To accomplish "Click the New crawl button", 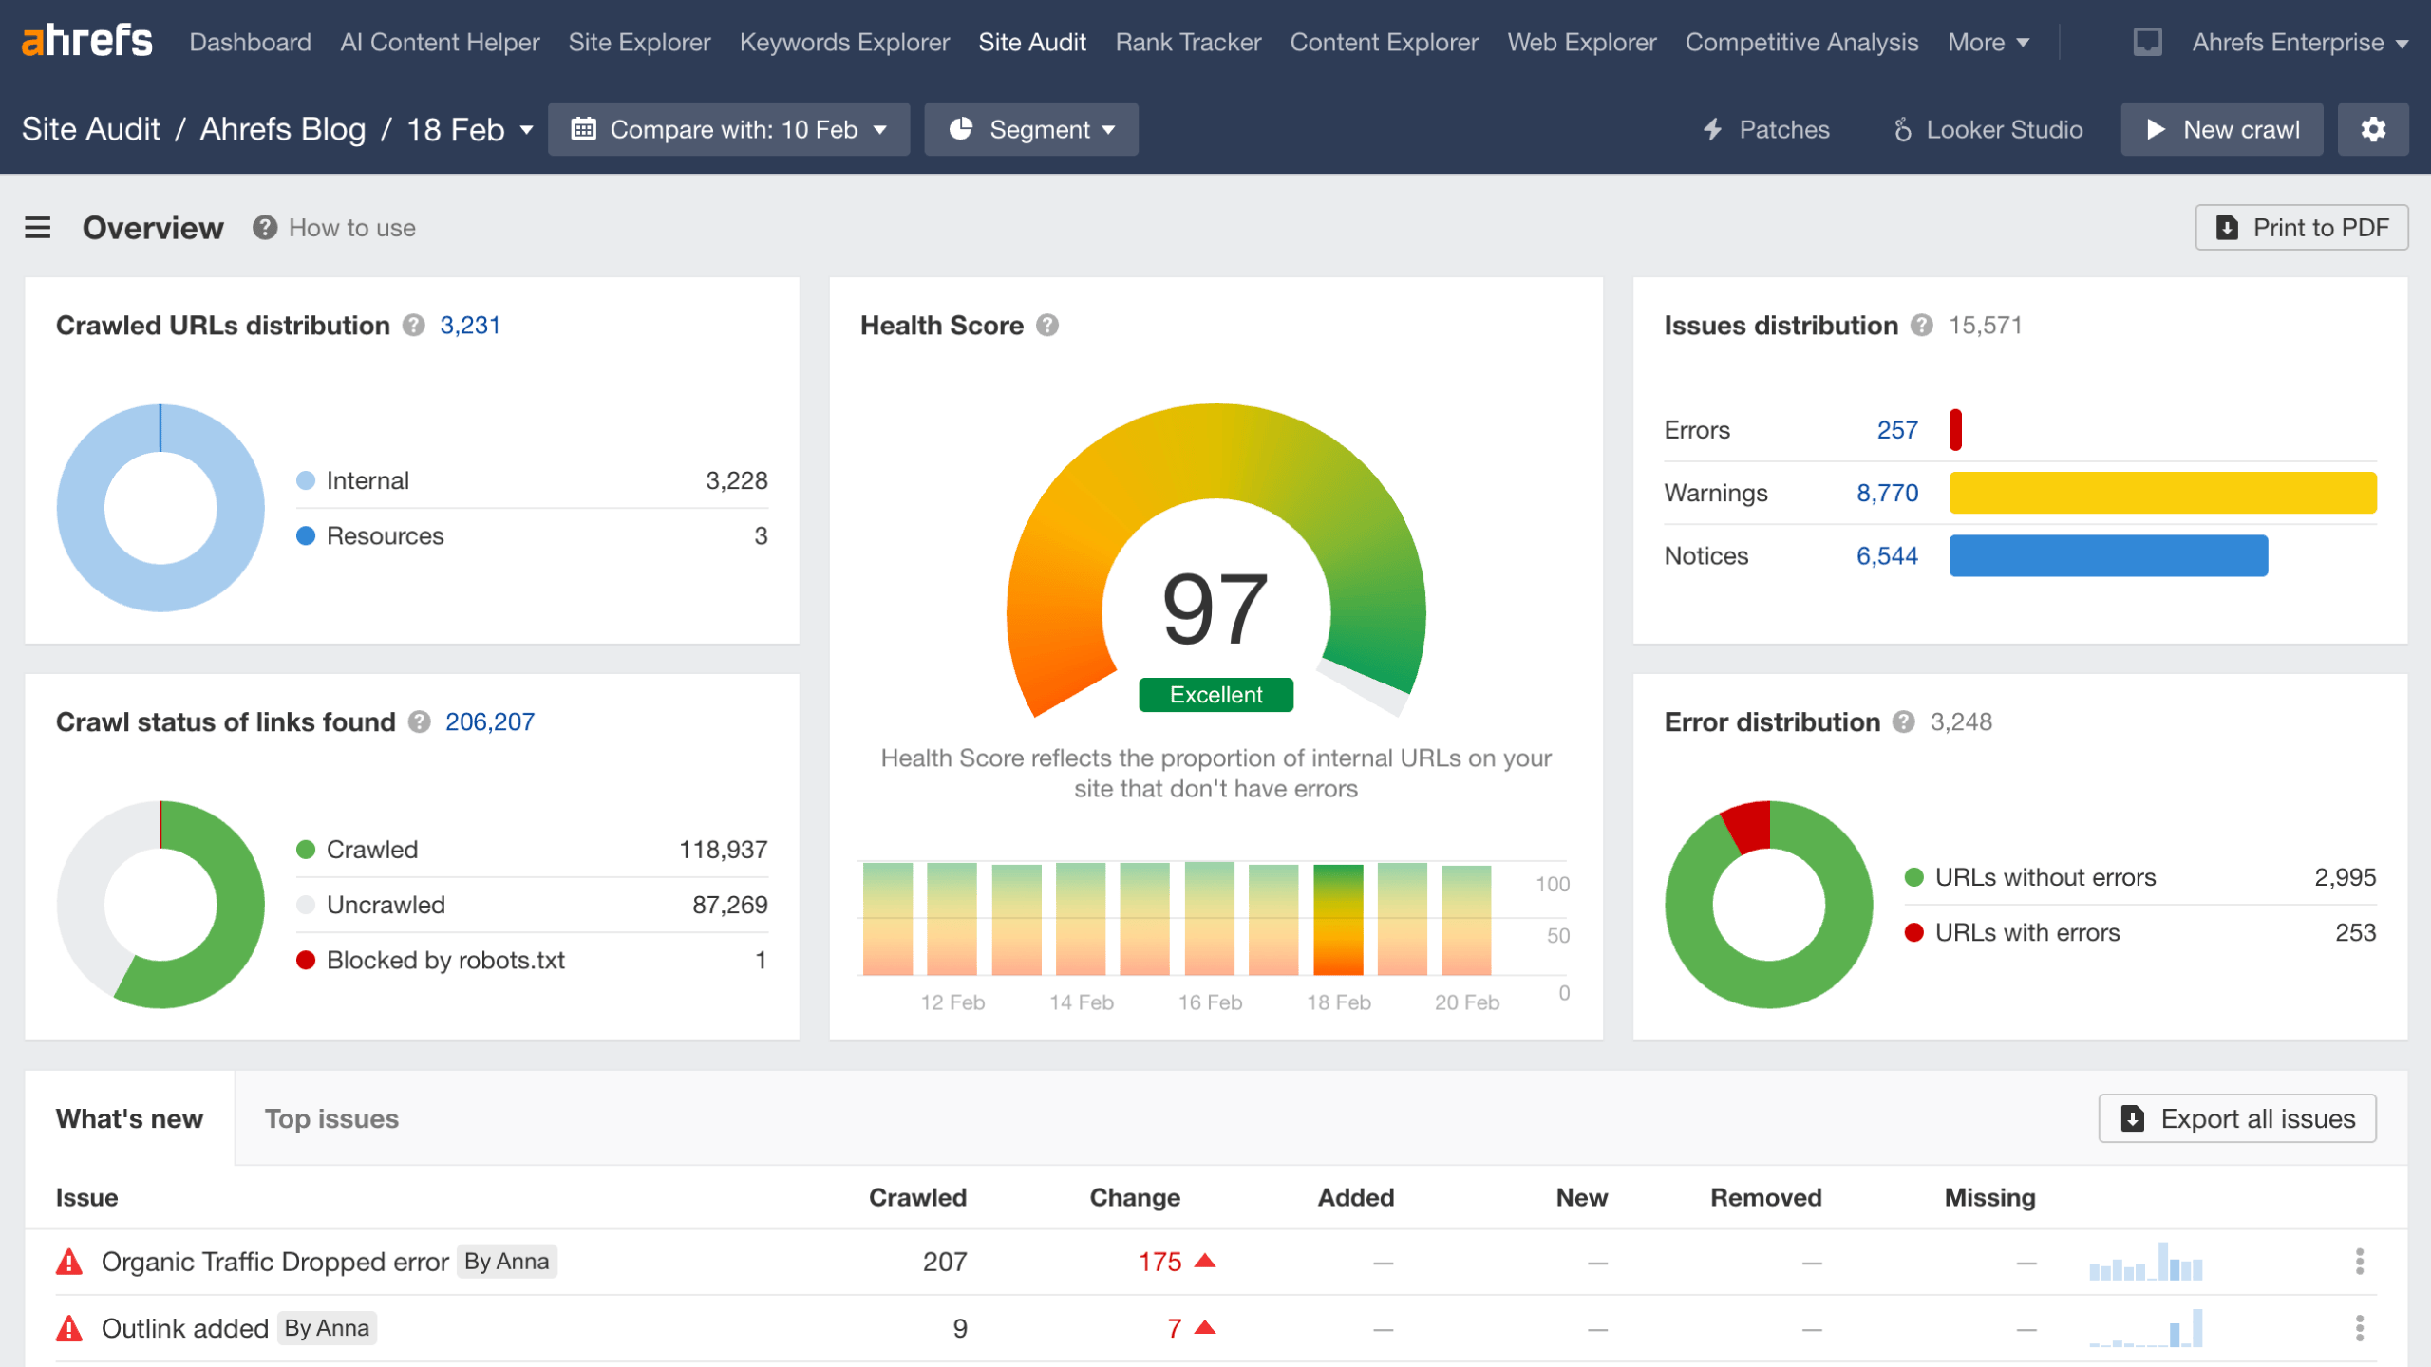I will [x=2221, y=129].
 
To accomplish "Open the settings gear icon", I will [x=2372, y=129].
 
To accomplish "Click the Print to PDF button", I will [x=2301, y=228].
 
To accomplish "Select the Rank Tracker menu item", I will [x=1187, y=43].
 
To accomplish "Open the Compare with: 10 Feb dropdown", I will [x=728, y=129].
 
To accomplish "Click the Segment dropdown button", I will [x=1030, y=129].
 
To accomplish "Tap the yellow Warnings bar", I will [x=2162, y=493].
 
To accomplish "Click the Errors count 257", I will [x=1896, y=430].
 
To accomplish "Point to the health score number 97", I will [x=1215, y=608].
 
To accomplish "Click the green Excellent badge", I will [x=1215, y=695].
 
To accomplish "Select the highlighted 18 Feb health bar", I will [x=1337, y=919].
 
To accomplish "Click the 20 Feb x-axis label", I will [x=1466, y=1002].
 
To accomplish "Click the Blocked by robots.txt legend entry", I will [x=444, y=960].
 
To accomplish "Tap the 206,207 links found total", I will [x=489, y=722].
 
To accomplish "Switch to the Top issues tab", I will [x=331, y=1119].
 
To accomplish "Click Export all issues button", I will [x=2236, y=1119].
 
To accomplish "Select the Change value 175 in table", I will [x=1159, y=1262].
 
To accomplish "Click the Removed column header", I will [x=1765, y=1198].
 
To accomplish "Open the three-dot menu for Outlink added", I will [x=2359, y=1328].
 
